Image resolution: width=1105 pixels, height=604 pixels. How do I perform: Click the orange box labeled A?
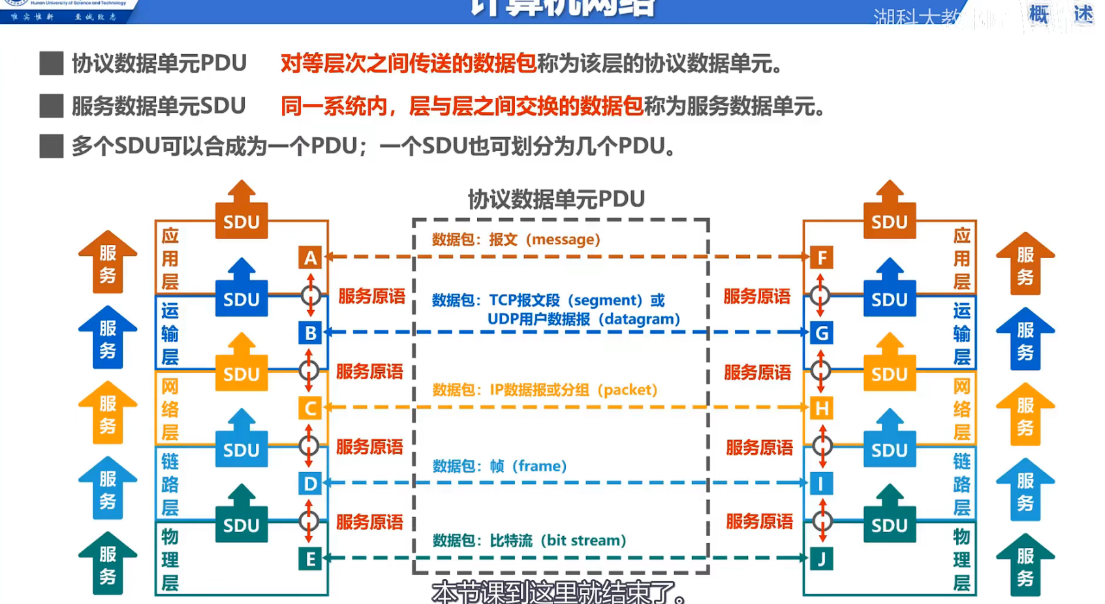click(310, 258)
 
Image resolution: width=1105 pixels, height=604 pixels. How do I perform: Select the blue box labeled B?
click(310, 333)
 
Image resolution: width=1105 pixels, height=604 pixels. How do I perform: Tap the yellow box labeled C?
click(310, 409)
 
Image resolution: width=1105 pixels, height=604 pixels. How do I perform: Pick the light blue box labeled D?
click(310, 484)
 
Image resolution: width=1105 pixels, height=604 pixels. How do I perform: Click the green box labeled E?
click(310, 559)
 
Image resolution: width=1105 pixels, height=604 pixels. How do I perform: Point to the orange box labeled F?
click(822, 258)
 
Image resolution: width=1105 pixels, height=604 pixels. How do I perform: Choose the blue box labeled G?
click(822, 334)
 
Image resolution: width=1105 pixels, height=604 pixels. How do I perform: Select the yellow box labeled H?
click(822, 409)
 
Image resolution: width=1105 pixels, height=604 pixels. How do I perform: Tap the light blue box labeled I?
click(821, 484)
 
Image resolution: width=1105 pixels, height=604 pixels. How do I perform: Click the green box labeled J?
click(821, 559)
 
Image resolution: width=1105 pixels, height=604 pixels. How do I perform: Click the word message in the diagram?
click(565, 240)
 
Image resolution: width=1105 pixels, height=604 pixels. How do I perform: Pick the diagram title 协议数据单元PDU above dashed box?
click(556, 199)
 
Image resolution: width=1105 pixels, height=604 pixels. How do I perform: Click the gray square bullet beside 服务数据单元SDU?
click(52, 106)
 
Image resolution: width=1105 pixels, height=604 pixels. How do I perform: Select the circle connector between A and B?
click(311, 296)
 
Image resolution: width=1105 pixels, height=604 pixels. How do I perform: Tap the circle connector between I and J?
click(822, 521)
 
